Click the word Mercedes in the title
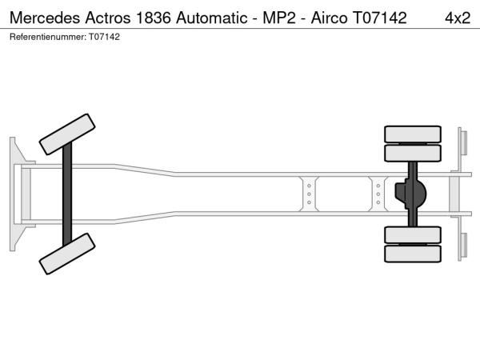pos(45,18)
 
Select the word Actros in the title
pos(108,18)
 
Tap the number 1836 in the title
pos(153,18)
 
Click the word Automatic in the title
pos(211,18)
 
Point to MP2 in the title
pos(279,18)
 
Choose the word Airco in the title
pos(329,18)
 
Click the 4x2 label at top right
pos(458,18)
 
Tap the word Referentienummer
pos(48,37)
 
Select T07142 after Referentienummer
pos(104,37)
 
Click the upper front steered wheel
pos(67,134)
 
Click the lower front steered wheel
pos(67,254)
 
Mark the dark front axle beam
pos(67,194)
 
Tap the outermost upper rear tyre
pos(413,134)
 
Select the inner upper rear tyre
pos(413,153)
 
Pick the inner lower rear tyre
pos(413,234)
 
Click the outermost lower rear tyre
pos(413,254)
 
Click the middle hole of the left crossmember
pos(309,194)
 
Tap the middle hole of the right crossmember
pos(378,194)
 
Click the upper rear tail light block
pos(464,142)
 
